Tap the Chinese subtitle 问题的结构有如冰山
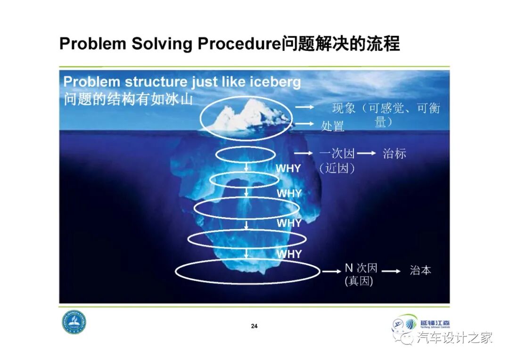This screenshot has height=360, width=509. click(128, 99)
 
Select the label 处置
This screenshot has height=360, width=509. click(333, 126)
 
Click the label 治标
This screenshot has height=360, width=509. click(394, 153)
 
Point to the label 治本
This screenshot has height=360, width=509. click(420, 270)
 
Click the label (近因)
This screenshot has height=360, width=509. click(337, 168)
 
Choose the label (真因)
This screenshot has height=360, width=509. click(359, 281)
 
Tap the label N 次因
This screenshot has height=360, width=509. click(361, 268)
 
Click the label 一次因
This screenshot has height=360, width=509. click(337, 154)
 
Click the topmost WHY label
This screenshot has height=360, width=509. click(288, 168)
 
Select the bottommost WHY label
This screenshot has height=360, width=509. click(289, 254)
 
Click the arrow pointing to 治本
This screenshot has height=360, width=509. click(391, 271)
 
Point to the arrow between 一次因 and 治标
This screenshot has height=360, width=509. click(366, 153)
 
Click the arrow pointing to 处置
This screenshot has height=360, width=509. click(304, 124)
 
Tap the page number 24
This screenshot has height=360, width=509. click(254, 326)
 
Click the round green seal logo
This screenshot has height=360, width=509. click(74, 323)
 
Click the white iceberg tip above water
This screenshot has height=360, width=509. click(245, 115)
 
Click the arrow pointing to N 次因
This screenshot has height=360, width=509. click(331, 271)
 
